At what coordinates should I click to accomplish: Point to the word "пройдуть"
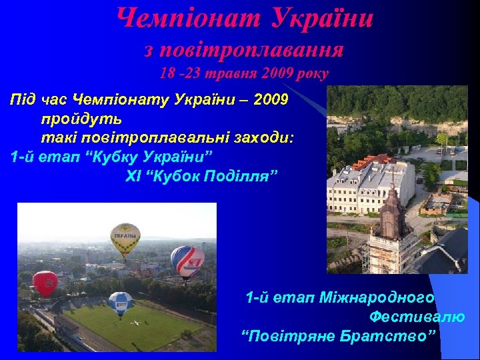[80, 120]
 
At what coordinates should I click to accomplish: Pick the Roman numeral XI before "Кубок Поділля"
[133, 177]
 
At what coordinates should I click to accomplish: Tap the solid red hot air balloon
[45, 283]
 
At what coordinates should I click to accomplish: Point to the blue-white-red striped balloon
[187, 261]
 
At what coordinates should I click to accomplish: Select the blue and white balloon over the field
[121, 303]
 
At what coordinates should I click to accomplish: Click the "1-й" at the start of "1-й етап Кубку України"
[25, 158]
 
